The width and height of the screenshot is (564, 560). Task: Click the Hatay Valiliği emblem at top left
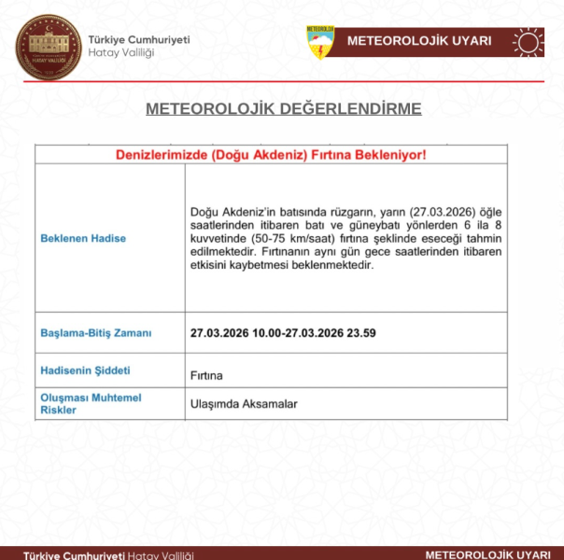tap(48, 48)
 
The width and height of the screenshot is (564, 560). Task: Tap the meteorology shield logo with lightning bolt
tap(320, 42)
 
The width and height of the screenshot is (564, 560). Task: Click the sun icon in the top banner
tap(528, 42)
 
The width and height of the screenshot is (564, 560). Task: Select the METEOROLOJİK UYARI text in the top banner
tap(419, 42)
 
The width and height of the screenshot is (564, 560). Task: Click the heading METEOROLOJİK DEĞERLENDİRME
tap(283, 109)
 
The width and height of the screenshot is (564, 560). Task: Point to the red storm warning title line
tap(271, 155)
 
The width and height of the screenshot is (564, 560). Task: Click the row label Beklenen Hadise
tap(83, 238)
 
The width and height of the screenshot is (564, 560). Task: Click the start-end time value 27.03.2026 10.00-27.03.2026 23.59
tap(284, 332)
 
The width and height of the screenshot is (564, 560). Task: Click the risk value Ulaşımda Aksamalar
tap(244, 404)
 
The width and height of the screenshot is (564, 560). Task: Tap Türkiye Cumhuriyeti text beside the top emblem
tap(139, 39)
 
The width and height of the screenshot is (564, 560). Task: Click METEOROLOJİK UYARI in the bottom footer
tap(487, 553)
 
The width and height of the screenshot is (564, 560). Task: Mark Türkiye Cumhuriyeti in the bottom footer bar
tap(74, 554)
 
